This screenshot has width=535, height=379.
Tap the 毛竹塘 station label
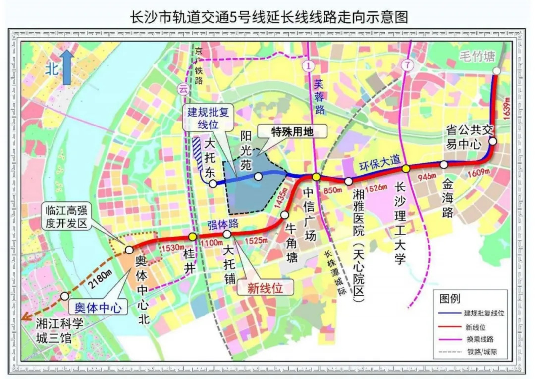click(477, 56)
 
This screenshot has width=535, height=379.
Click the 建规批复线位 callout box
click(203, 118)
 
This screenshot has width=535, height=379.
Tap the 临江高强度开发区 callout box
click(65, 216)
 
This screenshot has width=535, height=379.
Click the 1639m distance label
click(506, 107)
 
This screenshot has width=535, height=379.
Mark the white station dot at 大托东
click(213, 184)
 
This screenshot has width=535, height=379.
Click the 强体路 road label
click(216, 223)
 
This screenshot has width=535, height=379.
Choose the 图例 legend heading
click(450, 298)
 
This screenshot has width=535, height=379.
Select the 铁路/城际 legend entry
click(480, 352)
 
